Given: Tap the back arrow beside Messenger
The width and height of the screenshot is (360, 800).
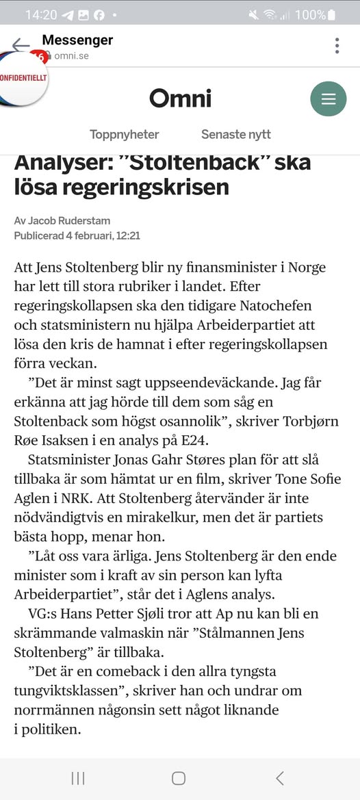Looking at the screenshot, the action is tap(21, 45).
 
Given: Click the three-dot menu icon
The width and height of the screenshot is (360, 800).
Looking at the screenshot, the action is tap(337, 46).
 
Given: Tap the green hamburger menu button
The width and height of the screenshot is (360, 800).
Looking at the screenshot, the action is tap(329, 99).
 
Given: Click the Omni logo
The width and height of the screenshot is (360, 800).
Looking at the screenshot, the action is tap(180, 99).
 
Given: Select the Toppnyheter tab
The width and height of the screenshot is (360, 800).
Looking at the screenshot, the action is tap(124, 134).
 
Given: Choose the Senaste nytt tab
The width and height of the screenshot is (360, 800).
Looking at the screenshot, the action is tap(236, 134).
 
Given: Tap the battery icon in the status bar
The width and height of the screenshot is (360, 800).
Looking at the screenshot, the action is tap(331, 14).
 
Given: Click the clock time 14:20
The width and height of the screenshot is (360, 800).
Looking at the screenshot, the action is tap(40, 14).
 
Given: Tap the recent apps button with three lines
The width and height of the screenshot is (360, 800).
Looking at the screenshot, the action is tap(78, 778).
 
